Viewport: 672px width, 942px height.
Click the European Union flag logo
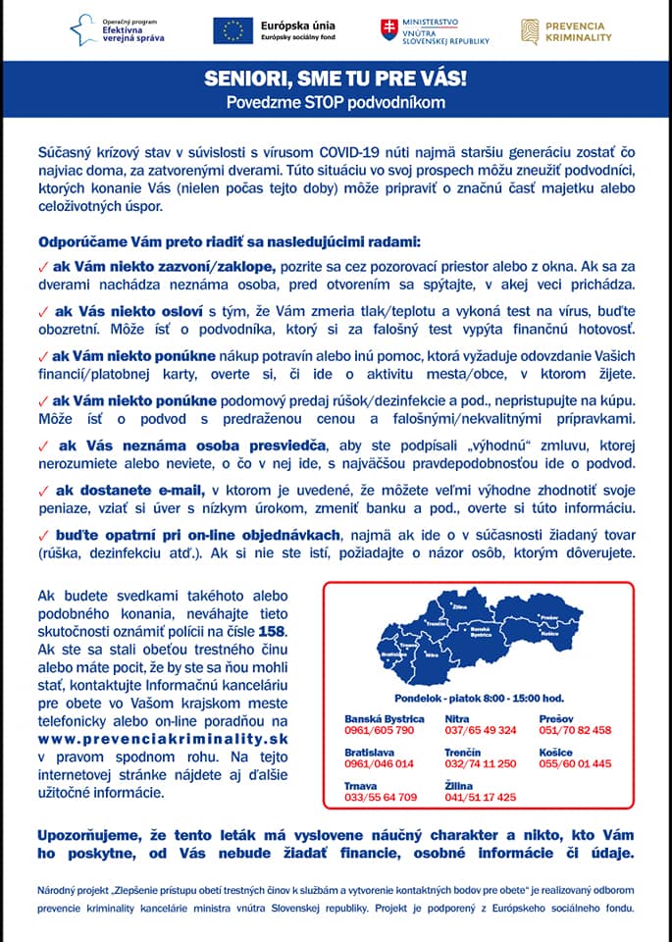[x=233, y=30]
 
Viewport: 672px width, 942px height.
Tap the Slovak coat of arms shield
[x=389, y=29]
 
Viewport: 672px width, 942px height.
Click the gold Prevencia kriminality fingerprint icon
[x=530, y=30]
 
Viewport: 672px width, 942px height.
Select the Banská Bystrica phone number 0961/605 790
[x=379, y=731]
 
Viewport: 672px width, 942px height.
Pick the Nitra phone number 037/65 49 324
[x=481, y=731]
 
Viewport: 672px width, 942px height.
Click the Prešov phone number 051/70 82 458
[x=575, y=731]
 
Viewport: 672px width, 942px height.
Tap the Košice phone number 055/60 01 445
[x=575, y=763]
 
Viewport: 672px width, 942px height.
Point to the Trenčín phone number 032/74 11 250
[x=481, y=763]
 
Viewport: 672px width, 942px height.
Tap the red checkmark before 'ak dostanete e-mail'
[x=42, y=490]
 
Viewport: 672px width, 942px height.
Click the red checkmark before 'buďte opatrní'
[x=42, y=535]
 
